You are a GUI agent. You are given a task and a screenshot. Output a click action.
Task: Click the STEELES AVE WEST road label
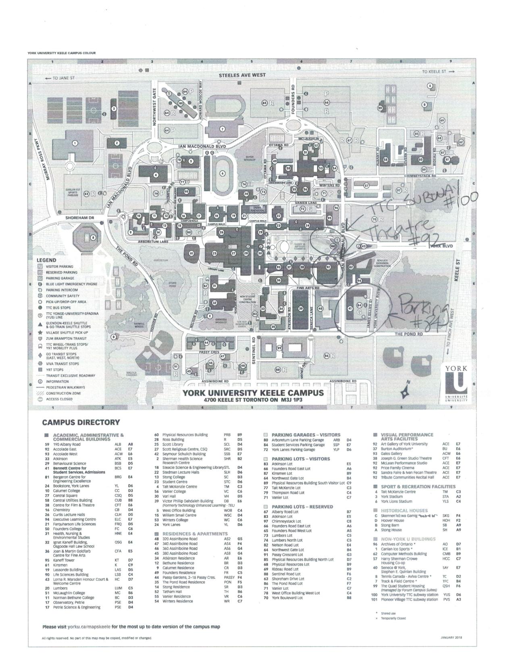click(x=242, y=75)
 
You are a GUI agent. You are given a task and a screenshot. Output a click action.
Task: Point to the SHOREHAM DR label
click(x=80, y=218)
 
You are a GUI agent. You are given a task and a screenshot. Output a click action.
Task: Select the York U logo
click(x=456, y=383)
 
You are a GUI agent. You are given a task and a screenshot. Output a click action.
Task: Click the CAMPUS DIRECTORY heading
click(x=81, y=423)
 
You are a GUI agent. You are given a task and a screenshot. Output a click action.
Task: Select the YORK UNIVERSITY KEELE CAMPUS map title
click(x=253, y=393)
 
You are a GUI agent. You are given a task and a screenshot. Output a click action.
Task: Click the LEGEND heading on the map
click(x=47, y=260)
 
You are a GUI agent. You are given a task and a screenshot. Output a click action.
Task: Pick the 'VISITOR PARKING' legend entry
click(x=59, y=266)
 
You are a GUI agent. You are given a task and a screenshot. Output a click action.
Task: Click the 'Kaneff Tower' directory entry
click(x=64, y=560)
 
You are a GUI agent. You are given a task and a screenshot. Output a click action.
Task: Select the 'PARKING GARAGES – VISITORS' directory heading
click(x=306, y=435)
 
